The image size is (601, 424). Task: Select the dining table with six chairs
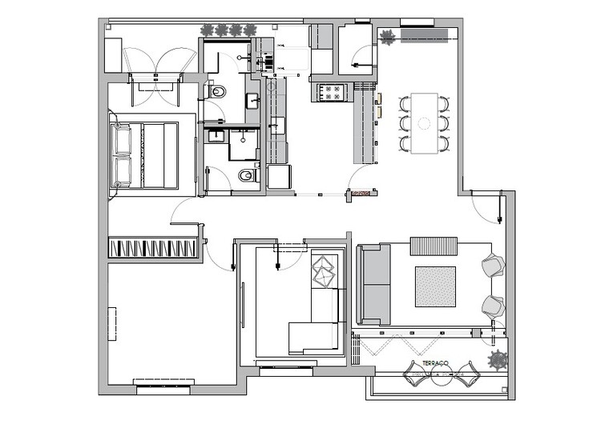[x=425, y=123]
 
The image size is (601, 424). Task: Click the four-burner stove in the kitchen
[x=332, y=93]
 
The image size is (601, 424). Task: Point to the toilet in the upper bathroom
[x=216, y=92]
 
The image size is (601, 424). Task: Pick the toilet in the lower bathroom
[x=247, y=175]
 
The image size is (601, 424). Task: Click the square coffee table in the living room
[x=435, y=286]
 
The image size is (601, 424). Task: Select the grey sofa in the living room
[x=373, y=284]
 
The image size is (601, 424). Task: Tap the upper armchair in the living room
[x=493, y=266]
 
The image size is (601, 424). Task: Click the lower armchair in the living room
[x=493, y=306]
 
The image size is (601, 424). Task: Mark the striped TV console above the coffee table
[x=434, y=246]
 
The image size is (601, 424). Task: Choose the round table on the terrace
[x=439, y=375]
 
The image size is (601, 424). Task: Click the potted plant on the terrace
[x=498, y=360]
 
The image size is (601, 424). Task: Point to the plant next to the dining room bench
[x=388, y=37]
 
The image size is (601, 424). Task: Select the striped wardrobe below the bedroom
[x=153, y=248]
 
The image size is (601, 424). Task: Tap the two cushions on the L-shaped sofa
[x=325, y=270]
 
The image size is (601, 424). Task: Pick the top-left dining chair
[x=405, y=102]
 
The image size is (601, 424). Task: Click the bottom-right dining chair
[x=445, y=143]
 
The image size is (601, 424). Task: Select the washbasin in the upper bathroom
[x=251, y=101]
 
